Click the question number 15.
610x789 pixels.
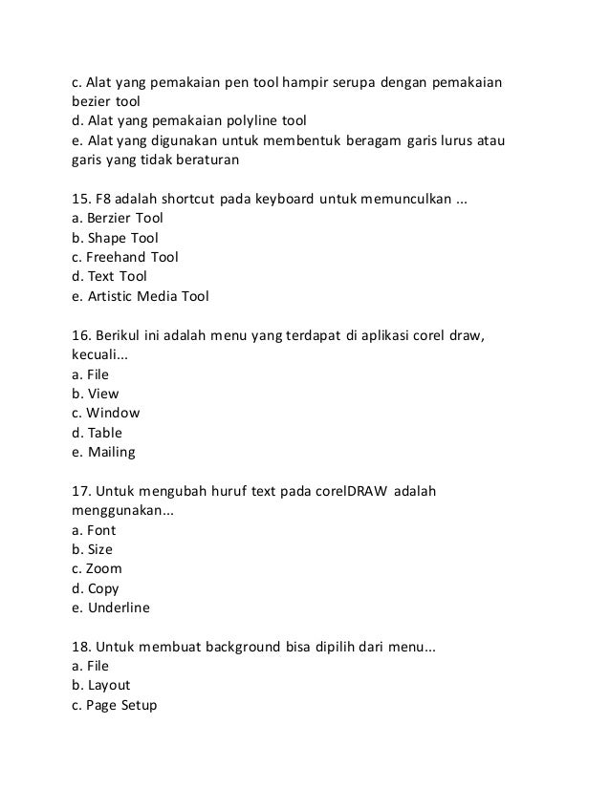click(x=81, y=199)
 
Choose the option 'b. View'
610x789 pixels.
click(x=96, y=394)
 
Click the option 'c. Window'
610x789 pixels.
click(x=105, y=414)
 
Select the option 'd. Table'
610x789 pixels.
click(x=98, y=433)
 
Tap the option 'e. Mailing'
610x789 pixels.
click(x=103, y=452)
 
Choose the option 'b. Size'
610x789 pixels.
click(x=92, y=549)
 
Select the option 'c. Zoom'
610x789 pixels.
click(x=97, y=569)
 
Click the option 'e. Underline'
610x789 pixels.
click(x=111, y=608)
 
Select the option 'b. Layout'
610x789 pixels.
click(x=100, y=686)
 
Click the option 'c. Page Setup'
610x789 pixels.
click(x=113, y=705)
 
